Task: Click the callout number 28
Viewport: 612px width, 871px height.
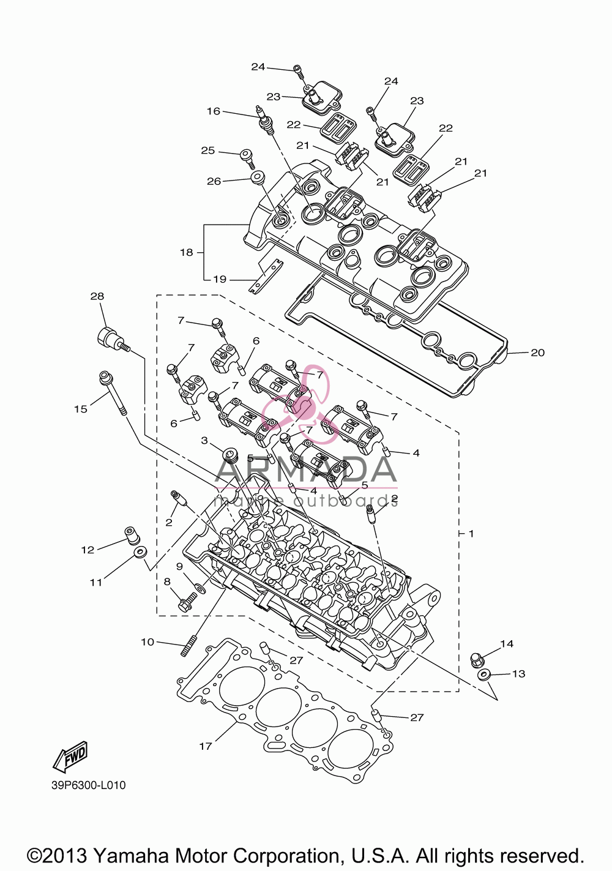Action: coord(97,296)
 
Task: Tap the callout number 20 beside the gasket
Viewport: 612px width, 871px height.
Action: coord(538,353)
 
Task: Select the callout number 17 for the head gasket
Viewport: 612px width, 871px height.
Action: coord(205,746)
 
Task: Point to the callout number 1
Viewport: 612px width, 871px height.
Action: coord(471,534)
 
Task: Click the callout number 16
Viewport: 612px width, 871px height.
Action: coord(214,111)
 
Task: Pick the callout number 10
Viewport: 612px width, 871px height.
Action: coord(147,642)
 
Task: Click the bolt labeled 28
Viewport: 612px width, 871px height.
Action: coord(113,340)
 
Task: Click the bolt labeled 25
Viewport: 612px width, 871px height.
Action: coord(247,158)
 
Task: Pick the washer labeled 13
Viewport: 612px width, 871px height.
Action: coord(484,675)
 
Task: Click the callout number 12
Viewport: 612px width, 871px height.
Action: coord(88,550)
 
